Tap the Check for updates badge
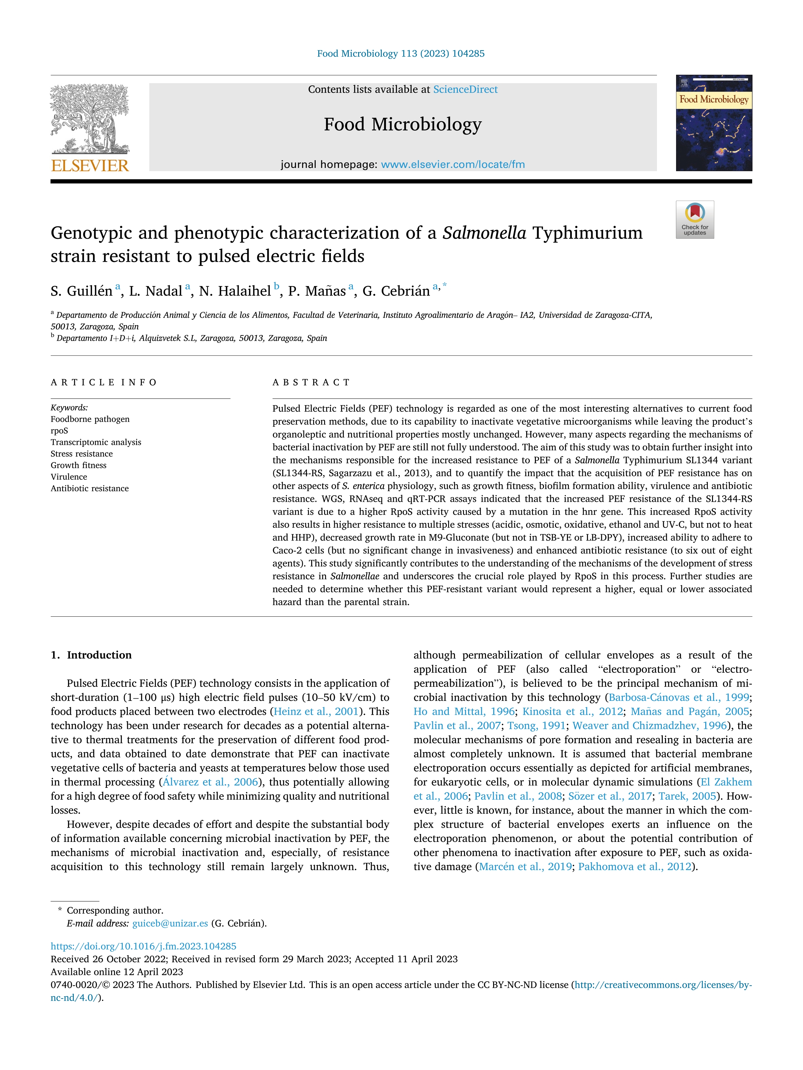tap(695, 220)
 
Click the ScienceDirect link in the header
tap(465, 90)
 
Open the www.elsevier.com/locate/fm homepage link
tap(453, 164)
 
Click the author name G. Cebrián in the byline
tap(396, 291)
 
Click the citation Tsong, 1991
tap(536, 726)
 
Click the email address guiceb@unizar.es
tap(170, 923)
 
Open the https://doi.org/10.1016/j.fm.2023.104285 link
tap(143, 946)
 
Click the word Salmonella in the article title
tap(484, 233)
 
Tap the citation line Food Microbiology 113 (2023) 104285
tap(401, 54)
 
